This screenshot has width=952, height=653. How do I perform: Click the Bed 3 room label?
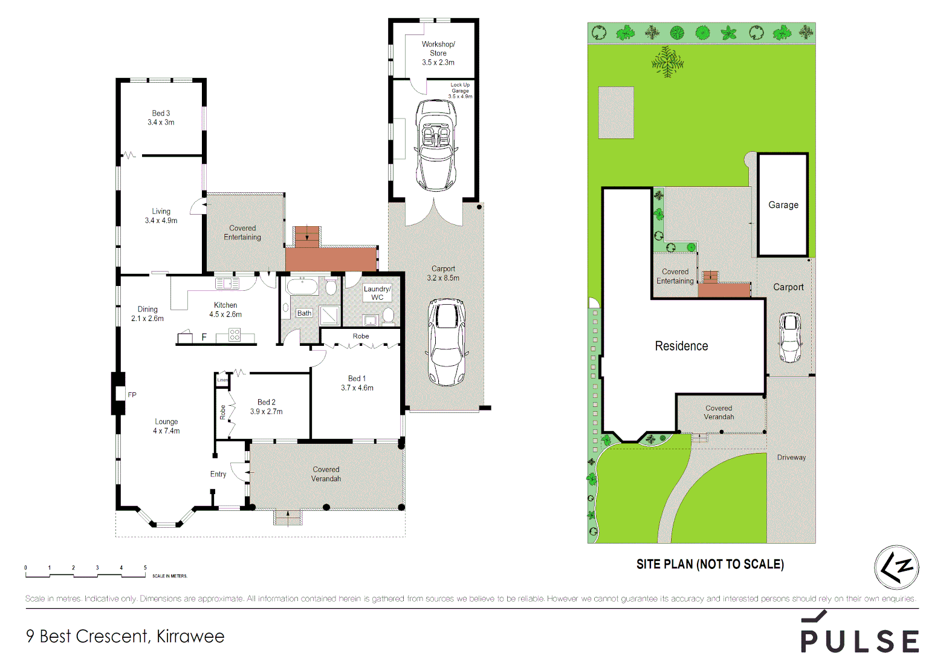(x=161, y=113)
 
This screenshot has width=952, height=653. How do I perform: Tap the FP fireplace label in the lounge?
(x=132, y=395)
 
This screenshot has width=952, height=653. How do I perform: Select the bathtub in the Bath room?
(x=302, y=286)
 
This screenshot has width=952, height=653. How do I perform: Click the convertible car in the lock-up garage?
(x=435, y=145)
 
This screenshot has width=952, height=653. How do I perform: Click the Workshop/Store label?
(x=438, y=48)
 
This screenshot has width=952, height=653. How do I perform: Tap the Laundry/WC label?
(x=377, y=293)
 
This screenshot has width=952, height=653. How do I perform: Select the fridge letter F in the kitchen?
(x=204, y=337)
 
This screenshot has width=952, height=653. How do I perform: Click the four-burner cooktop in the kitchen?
(x=235, y=335)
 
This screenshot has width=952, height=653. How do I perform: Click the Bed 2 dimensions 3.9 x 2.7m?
(x=267, y=412)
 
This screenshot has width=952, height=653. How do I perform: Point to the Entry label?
(x=218, y=474)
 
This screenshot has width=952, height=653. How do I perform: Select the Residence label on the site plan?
(x=681, y=346)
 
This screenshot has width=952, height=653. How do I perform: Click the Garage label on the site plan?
(x=783, y=205)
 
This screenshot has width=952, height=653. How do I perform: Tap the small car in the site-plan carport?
(x=790, y=337)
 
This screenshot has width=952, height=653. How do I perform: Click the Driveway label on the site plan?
(x=791, y=457)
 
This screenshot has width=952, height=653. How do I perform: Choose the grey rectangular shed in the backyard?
(x=616, y=113)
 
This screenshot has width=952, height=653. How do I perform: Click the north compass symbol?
(x=896, y=567)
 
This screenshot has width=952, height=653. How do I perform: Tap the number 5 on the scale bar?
(x=145, y=568)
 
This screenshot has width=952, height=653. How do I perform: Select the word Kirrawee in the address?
(x=190, y=636)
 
